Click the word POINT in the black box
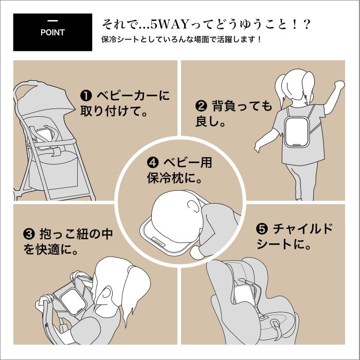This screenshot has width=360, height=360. tap(52, 32)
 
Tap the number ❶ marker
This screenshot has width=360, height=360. tap(86, 96)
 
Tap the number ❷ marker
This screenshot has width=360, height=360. tap(201, 106)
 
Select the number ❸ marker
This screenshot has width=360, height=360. tap(29, 234)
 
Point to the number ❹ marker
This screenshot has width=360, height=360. tap(153, 163)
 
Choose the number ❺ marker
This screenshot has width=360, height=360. tap(262, 229)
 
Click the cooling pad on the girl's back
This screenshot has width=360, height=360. tap(296, 132)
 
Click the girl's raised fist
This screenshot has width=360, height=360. tap(339, 85)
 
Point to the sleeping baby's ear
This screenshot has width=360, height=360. tap(193, 206)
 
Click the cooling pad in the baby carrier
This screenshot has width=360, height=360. tap(73, 301)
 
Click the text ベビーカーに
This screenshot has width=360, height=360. tap(133, 96)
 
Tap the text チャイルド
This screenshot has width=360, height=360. tap(303, 229)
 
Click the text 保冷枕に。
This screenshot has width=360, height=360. tap(174, 178)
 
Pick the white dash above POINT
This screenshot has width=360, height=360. tap(52, 21)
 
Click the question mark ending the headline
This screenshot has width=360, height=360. tap(307, 24)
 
